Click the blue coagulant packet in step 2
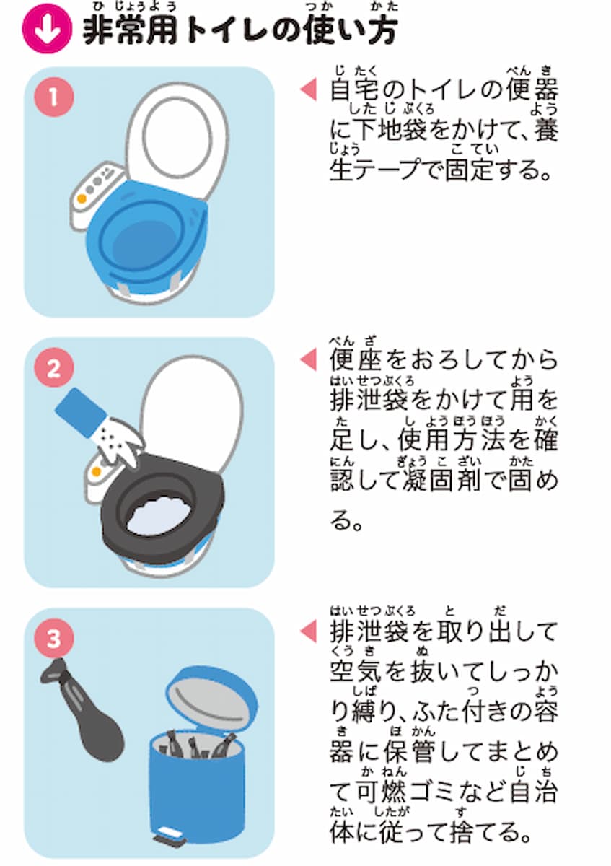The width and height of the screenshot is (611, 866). (81, 412)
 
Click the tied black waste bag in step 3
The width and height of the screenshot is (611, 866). (83, 714)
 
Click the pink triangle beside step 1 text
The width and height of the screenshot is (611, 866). (308, 89)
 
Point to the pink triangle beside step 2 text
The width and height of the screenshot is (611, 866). (308, 358)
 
